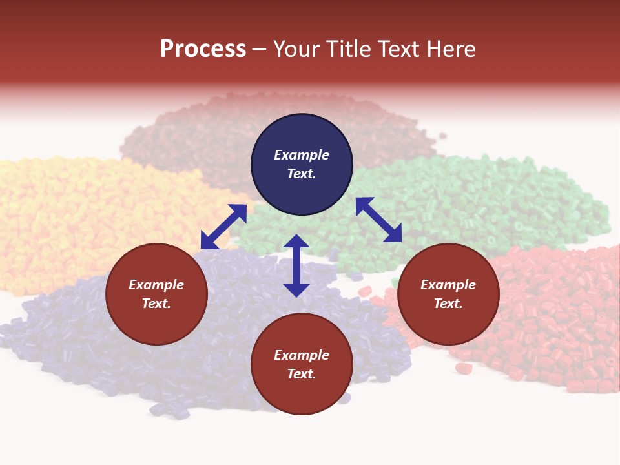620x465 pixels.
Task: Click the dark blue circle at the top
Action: pyautogui.click(x=302, y=165)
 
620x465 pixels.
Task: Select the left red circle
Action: pyautogui.click(x=156, y=294)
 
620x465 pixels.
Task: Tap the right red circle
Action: pyautogui.click(x=448, y=294)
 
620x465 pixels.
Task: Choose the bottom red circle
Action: pyautogui.click(x=302, y=364)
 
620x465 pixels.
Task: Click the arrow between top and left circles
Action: pyautogui.click(x=223, y=227)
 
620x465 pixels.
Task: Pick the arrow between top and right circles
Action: pyautogui.click(x=378, y=220)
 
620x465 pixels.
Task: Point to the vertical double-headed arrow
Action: pyautogui.click(x=296, y=265)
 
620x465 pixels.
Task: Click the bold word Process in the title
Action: pyautogui.click(x=203, y=49)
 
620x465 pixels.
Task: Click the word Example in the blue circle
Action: pyautogui.click(x=302, y=155)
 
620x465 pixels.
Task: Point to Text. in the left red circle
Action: pyautogui.click(x=156, y=304)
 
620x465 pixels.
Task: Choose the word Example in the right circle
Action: pyautogui.click(x=448, y=285)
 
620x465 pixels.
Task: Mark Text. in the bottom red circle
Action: pyautogui.click(x=302, y=374)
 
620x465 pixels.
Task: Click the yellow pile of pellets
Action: pyautogui.click(x=71, y=213)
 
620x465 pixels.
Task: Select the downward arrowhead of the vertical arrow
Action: pyautogui.click(x=296, y=289)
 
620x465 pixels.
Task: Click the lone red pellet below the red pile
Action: pyautogui.click(x=463, y=368)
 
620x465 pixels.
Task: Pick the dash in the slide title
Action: pyautogui.click(x=259, y=49)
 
